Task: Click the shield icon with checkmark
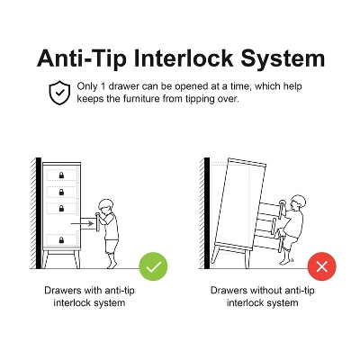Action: (59, 93)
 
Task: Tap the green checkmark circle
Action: (153, 266)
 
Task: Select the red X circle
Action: (322, 266)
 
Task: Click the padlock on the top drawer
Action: (61, 175)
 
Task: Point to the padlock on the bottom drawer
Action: (61, 239)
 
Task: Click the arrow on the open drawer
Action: (82, 223)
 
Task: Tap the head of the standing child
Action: (106, 207)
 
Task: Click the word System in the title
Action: (283, 58)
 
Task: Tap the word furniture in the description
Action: (142, 99)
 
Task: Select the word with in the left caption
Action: (93, 291)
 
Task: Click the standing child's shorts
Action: (111, 247)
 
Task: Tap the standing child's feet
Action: (112, 264)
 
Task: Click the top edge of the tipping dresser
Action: (247, 162)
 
